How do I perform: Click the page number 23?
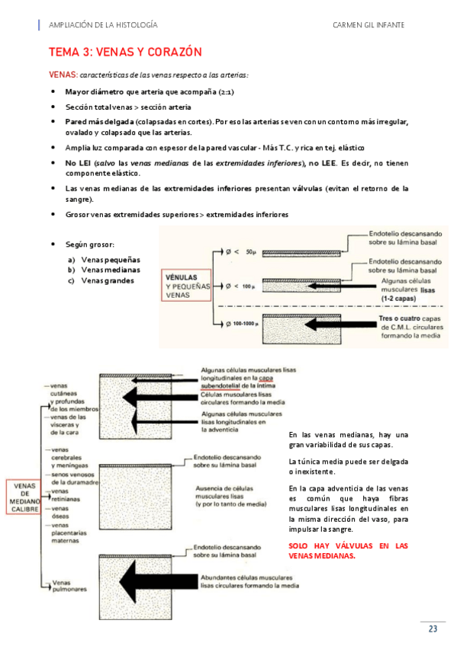point(433,628)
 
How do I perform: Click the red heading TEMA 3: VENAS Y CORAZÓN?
point(125,52)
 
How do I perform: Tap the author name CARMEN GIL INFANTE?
point(368,25)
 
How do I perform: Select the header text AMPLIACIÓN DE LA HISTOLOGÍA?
point(103,25)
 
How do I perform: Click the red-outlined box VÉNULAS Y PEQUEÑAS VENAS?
point(186,286)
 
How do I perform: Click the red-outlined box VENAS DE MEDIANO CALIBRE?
point(24,497)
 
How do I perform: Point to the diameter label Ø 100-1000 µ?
point(243,324)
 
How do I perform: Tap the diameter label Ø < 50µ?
point(241,251)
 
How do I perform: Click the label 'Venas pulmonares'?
point(69,586)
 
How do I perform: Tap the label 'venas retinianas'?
point(65,495)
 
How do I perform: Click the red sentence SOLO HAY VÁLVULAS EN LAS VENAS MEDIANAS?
point(348,551)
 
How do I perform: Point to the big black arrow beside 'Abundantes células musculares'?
point(159,581)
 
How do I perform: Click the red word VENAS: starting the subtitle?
point(63,75)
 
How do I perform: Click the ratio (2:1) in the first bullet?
point(226,92)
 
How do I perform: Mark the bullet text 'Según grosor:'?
point(90,245)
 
